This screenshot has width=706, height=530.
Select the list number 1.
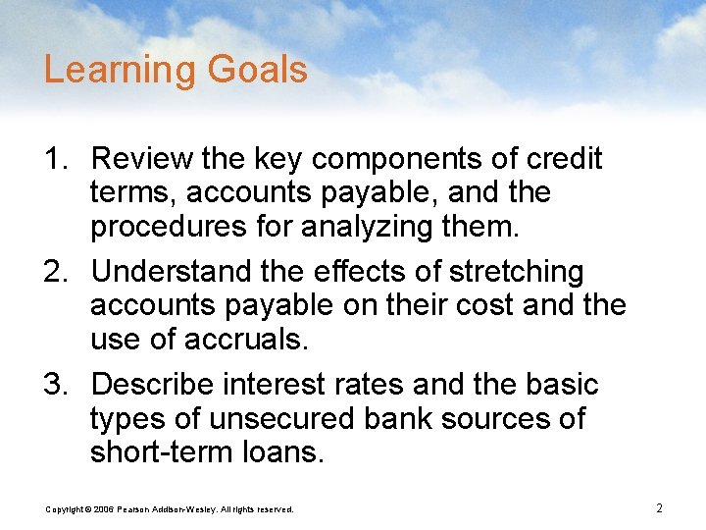[55, 159]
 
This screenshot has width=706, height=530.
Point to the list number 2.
[55, 272]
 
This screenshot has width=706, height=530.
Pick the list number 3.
[55, 385]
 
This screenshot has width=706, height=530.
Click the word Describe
[156, 385]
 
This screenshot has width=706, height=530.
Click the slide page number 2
[659, 508]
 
